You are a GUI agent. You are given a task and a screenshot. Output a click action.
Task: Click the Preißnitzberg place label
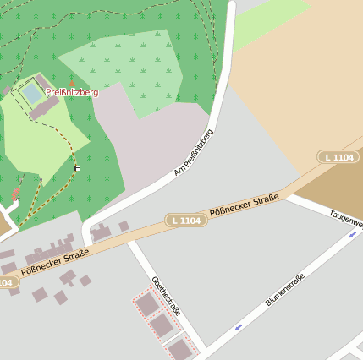(72, 92)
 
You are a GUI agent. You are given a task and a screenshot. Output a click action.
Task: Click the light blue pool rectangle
(33, 93)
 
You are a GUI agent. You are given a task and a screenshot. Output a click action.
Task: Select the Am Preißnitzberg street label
(194, 153)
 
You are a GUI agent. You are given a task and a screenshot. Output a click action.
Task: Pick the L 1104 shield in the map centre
(186, 221)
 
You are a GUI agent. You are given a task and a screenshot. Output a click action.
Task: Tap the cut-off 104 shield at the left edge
(7, 282)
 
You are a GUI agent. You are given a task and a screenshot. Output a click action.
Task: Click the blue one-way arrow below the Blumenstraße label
(238, 326)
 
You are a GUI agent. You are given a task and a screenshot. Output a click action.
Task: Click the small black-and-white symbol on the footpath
(78, 168)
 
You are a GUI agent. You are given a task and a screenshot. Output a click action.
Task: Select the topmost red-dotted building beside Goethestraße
(146, 303)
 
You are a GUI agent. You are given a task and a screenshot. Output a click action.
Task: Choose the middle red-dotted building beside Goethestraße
(161, 325)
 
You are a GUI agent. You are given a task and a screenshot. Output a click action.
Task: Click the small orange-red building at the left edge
(15, 194)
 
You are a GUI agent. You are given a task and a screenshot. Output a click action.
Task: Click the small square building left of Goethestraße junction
(124, 226)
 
